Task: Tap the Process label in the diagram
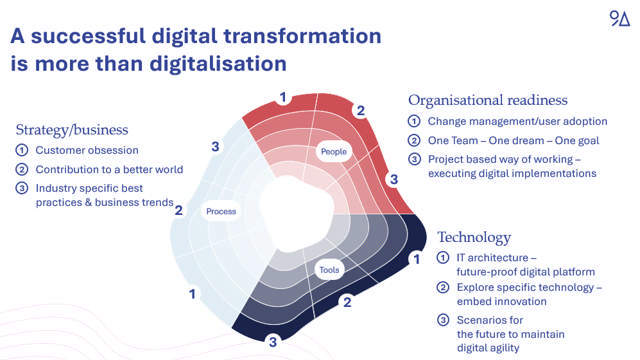click(221, 211)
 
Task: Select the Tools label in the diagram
click(330, 270)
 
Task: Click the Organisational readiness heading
click(487, 100)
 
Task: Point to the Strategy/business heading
click(72, 129)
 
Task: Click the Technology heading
click(474, 237)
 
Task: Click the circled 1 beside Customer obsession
click(21, 150)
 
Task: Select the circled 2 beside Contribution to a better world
click(21, 169)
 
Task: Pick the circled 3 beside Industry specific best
click(21, 188)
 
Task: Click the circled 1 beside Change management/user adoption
click(414, 121)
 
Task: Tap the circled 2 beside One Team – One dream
click(414, 140)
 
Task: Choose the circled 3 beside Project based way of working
click(414, 159)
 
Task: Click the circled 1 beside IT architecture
click(443, 259)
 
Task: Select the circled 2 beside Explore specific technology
click(443, 288)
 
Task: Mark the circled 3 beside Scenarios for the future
click(443, 320)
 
